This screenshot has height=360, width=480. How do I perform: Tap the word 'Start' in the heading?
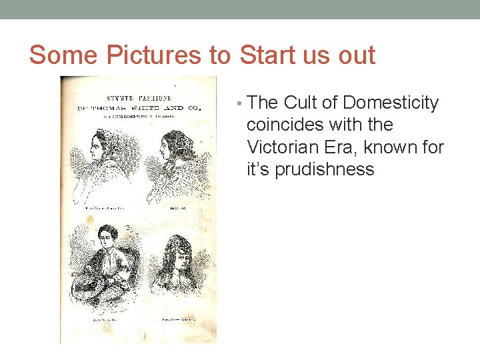(x=268, y=54)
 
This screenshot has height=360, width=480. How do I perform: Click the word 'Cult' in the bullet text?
(x=303, y=103)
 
